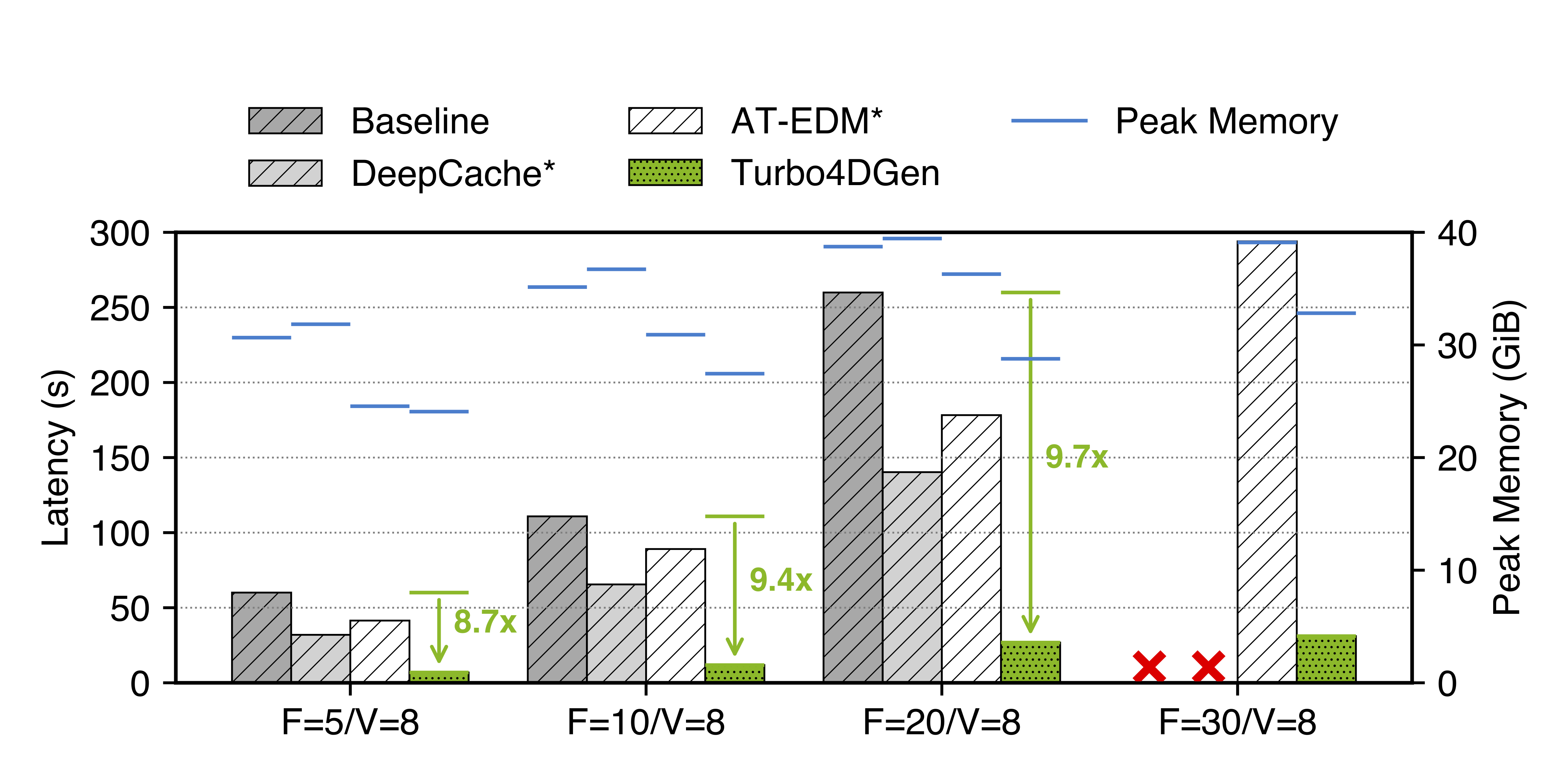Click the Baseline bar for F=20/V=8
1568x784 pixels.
pyautogui.click(x=853, y=487)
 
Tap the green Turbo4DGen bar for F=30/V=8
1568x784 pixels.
pyautogui.click(x=1326, y=659)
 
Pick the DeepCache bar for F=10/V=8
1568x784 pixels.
pyautogui.click(x=617, y=633)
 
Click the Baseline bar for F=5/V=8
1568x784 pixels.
pyautogui.click(x=262, y=637)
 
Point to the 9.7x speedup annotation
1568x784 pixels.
pyautogui.click(x=1076, y=457)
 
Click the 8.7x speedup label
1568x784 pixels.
pyautogui.click(x=485, y=621)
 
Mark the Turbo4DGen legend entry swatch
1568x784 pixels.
pyautogui.click(x=665, y=173)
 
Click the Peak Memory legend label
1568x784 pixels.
pyautogui.click(x=1226, y=121)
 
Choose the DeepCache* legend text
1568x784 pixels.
pyautogui.click(x=453, y=174)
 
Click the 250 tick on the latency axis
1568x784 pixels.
pyautogui.click(x=119, y=308)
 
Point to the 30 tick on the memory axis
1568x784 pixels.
pyautogui.click(x=1457, y=346)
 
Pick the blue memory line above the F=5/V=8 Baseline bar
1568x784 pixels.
pyautogui.click(x=262, y=337)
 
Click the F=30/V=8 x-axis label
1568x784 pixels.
pyautogui.click(x=1238, y=722)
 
